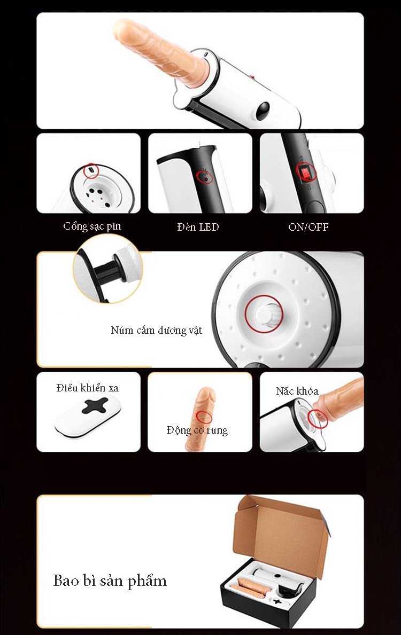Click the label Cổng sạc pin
pos(92,226)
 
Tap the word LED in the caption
pos(208,227)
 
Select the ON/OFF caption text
pos(308,227)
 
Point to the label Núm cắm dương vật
pos(156,331)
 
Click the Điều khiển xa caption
pos(88,388)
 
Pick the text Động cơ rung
pos(197,430)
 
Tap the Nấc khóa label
pos(297,391)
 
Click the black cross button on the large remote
pos(95,405)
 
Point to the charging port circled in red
pos(91,169)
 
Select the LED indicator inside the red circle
pos(205,177)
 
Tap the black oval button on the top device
pos(263,111)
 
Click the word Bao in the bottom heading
pos(66,581)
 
